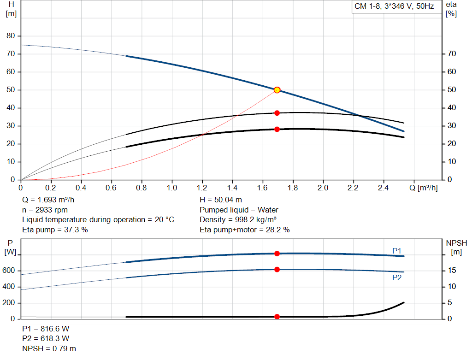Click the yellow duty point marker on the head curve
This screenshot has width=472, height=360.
coord(277,90)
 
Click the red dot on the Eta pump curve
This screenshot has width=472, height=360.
coord(277,113)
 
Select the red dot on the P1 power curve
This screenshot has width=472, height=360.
coord(277,254)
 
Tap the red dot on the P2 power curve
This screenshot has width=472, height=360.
coord(277,269)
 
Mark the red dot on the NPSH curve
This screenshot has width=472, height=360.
coord(277,317)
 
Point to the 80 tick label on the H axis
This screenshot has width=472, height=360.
coord(11,36)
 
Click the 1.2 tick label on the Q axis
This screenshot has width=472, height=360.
coord(202,188)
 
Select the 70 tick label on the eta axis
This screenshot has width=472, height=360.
coord(452,54)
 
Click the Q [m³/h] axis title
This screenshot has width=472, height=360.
coord(424,188)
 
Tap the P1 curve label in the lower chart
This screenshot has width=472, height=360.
coord(397,251)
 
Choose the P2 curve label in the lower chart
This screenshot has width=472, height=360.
coord(397,277)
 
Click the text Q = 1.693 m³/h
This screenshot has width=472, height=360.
coord(48,200)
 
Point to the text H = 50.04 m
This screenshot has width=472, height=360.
coord(221,200)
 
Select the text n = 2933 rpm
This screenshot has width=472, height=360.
coord(45,210)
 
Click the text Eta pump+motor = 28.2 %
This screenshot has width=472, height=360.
coord(244,230)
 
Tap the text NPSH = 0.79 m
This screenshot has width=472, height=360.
coord(49,348)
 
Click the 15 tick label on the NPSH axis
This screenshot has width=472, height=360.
coord(452,270)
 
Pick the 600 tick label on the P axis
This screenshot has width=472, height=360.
coord(8,270)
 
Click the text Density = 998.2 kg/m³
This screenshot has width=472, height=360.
coord(238,220)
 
